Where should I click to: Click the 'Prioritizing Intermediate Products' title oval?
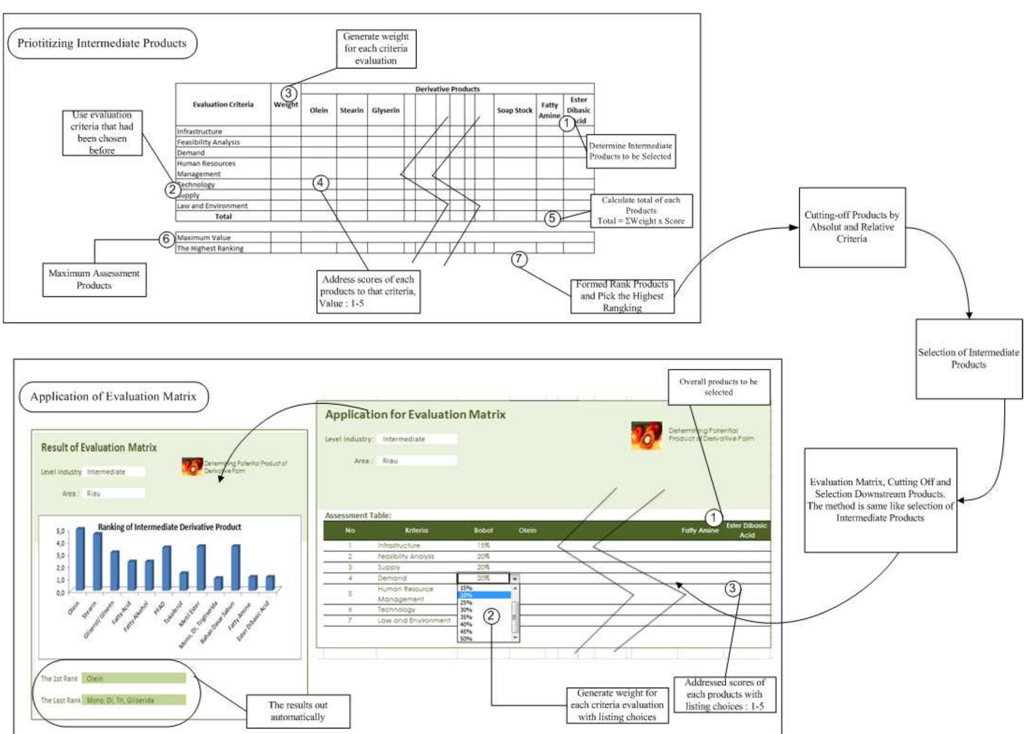click(x=102, y=43)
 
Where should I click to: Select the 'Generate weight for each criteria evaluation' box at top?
click(x=376, y=49)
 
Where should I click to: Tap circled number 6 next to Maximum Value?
click(x=166, y=239)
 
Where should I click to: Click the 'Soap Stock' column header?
click(x=514, y=110)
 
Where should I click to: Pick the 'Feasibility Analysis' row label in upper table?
click(x=208, y=142)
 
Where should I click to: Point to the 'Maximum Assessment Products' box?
click(x=94, y=280)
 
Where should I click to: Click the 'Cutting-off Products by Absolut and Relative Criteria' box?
click(x=852, y=227)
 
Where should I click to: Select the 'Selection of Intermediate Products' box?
click(x=968, y=359)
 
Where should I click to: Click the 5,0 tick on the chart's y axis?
click(x=60, y=531)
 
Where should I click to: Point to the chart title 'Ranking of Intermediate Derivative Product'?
click(x=169, y=527)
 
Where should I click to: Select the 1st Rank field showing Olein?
click(x=133, y=678)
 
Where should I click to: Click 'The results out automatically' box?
click(x=298, y=711)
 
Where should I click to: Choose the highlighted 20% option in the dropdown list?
click(x=484, y=595)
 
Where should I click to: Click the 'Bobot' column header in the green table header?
click(x=483, y=530)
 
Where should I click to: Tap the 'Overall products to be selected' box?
click(x=718, y=387)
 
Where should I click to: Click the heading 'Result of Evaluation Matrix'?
click(x=99, y=447)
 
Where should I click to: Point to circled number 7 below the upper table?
click(x=519, y=258)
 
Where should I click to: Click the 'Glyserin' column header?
click(x=385, y=110)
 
